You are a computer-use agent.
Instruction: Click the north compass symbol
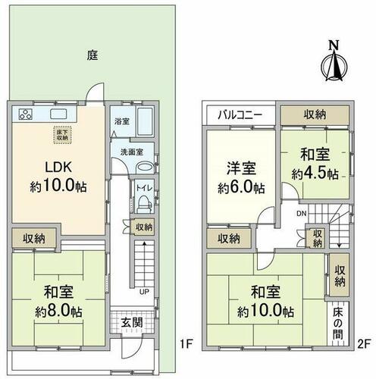pyautogui.click(x=334, y=62)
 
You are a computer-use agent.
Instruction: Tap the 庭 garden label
pyautogui.click(x=92, y=55)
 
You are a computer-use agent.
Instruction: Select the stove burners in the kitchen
pyautogui.click(x=26, y=114)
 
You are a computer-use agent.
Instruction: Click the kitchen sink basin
pyautogui.click(x=58, y=114)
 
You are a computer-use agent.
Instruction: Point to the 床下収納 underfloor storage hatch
pyautogui.click(x=62, y=135)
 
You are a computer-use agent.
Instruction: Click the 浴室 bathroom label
pyautogui.click(x=122, y=121)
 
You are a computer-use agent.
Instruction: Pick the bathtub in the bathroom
pyautogui.click(x=145, y=121)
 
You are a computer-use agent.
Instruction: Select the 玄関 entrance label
pyautogui.click(x=132, y=323)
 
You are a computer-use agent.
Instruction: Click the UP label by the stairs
pyautogui.click(x=144, y=292)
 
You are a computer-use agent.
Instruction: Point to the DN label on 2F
pyautogui.click(x=302, y=214)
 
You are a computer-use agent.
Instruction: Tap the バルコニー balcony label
pyautogui.click(x=240, y=115)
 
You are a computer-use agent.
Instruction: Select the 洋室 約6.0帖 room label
pyautogui.click(x=241, y=178)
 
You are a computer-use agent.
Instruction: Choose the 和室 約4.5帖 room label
pyautogui.click(x=315, y=164)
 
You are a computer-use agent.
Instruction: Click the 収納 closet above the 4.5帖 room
pyautogui.click(x=315, y=115)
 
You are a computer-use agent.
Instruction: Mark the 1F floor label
pyautogui.click(x=186, y=344)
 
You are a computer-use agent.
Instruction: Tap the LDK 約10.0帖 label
pyautogui.click(x=58, y=177)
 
